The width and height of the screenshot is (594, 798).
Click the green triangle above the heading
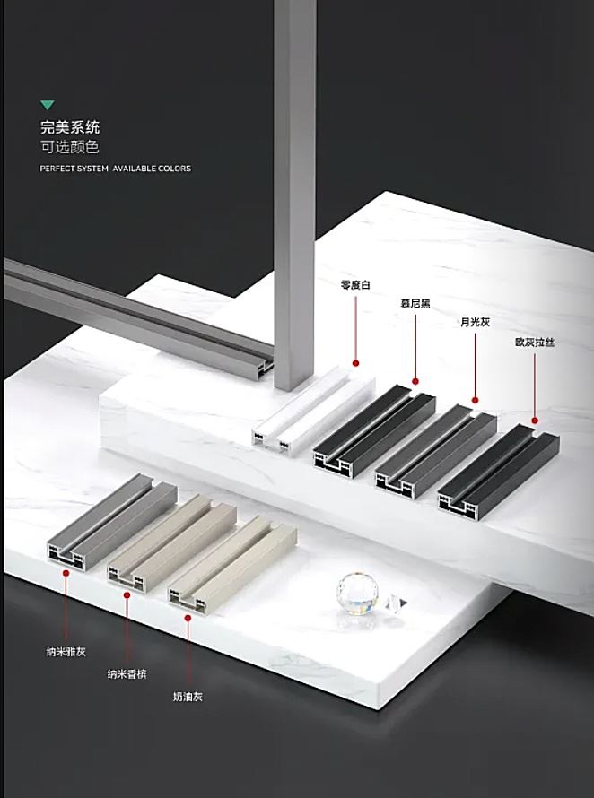click(x=48, y=106)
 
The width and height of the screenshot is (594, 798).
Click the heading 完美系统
click(x=70, y=127)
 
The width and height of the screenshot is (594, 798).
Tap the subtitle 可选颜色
click(x=70, y=147)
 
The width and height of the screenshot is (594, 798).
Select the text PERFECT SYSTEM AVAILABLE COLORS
click(x=115, y=169)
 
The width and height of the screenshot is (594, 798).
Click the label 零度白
click(x=355, y=285)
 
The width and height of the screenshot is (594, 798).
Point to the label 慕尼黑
click(x=415, y=304)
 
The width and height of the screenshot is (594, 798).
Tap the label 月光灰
click(x=475, y=323)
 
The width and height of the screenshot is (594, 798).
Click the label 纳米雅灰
click(x=66, y=652)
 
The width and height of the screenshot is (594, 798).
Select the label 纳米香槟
click(x=127, y=674)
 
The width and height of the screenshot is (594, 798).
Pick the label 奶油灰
click(x=188, y=696)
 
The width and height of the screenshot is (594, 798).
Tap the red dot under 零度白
click(x=355, y=363)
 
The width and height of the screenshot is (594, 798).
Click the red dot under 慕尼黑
click(x=415, y=382)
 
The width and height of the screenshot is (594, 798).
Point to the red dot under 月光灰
click(x=475, y=401)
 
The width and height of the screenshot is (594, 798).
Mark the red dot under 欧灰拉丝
click(x=535, y=419)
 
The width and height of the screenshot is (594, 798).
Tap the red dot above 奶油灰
click(x=188, y=616)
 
